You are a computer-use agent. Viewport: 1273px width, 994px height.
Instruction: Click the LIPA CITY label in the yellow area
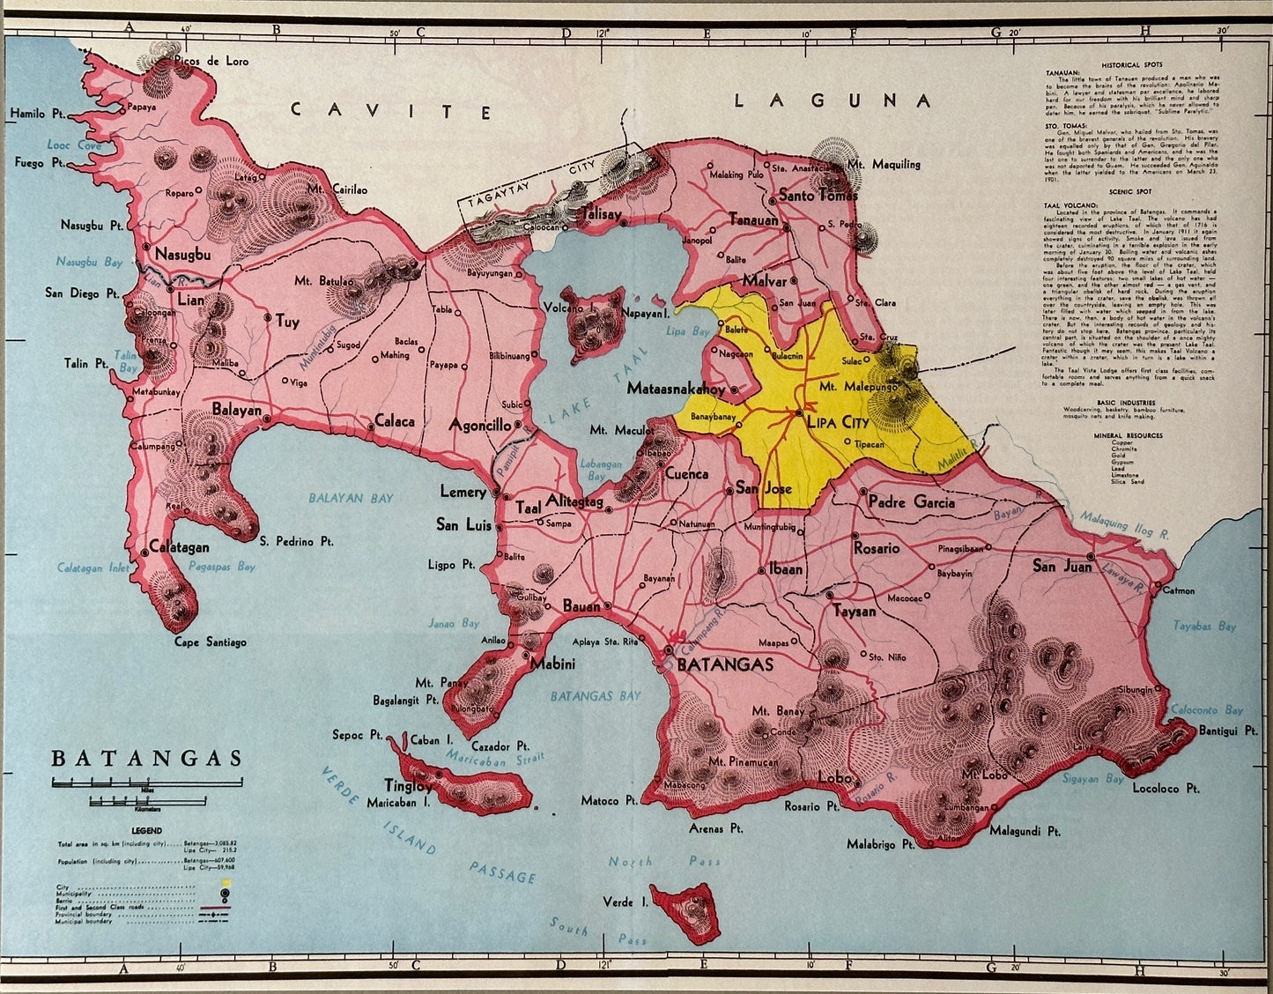click(x=838, y=422)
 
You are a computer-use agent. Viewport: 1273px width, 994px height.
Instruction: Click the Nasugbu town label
click(x=182, y=255)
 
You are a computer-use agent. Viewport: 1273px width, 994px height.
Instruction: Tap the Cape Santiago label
click(x=210, y=642)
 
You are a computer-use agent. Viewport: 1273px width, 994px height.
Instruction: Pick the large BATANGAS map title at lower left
click(x=146, y=759)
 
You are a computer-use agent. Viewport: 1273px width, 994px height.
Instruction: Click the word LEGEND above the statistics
click(x=146, y=830)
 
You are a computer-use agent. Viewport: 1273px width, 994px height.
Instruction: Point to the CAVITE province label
click(x=391, y=110)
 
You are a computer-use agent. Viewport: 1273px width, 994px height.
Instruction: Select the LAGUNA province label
click(x=833, y=100)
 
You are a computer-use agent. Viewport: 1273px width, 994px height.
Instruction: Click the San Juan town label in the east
click(x=1062, y=566)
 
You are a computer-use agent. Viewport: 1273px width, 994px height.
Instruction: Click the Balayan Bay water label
click(x=351, y=498)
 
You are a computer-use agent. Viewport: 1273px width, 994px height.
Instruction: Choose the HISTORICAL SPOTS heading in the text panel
click(x=1131, y=65)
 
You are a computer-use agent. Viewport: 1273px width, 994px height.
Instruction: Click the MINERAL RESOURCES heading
click(x=1128, y=435)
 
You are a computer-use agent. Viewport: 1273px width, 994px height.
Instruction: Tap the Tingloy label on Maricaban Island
click(x=408, y=785)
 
